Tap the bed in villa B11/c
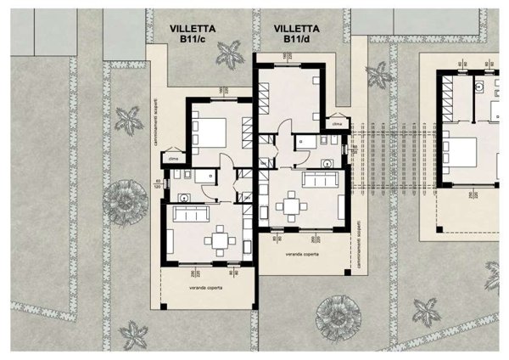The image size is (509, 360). pos(211,133)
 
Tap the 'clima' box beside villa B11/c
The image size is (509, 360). pos(172,159)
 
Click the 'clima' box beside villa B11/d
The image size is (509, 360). pos(337,124)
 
